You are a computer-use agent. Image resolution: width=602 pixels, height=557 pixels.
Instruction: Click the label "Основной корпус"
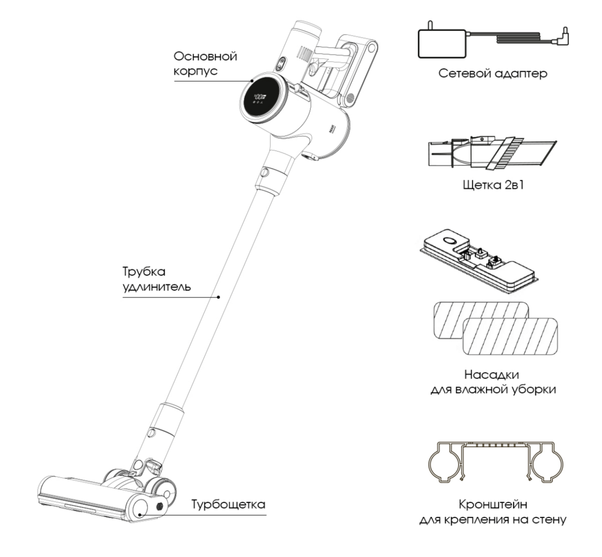tap(205, 65)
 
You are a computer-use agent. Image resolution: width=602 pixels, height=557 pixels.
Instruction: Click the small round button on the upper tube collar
tap(265, 173)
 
